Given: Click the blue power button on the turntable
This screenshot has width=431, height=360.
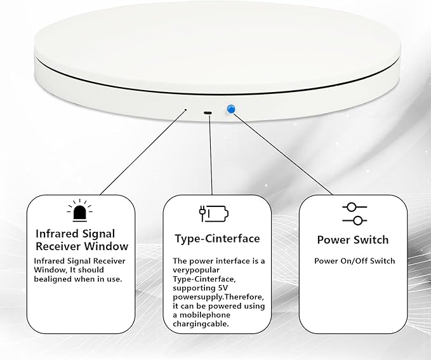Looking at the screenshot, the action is [x=231, y=109].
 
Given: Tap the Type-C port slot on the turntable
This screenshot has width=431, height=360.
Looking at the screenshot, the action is [x=208, y=113].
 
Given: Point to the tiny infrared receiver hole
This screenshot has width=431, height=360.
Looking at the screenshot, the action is [x=185, y=110].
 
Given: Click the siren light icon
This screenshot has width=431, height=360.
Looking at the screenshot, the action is [x=80, y=211].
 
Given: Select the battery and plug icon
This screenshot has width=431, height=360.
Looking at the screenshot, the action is [x=214, y=213].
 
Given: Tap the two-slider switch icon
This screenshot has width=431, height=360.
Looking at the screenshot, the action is [x=355, y=214].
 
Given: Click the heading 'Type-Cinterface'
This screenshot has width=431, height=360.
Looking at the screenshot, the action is [x=217, y=239].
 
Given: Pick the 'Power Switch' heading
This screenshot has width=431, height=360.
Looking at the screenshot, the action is [x=353, y=240].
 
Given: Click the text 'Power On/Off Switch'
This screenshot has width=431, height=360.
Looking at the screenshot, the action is [x=355, y=261].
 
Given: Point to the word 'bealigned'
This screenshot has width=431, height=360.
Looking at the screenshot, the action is [x=51, y=279].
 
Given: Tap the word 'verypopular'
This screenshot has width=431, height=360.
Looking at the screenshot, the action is [x=196, y=270].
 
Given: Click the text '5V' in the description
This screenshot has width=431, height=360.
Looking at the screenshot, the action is [x=223, y=288].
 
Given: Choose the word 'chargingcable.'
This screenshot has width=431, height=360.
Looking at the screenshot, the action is [x=201, y=324].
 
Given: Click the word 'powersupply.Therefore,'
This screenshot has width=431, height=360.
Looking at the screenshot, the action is [x=218, y=297].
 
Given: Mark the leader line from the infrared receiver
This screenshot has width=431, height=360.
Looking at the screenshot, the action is [x=142, y=153].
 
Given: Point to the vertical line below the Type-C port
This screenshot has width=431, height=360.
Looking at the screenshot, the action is [x=211, y=156].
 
